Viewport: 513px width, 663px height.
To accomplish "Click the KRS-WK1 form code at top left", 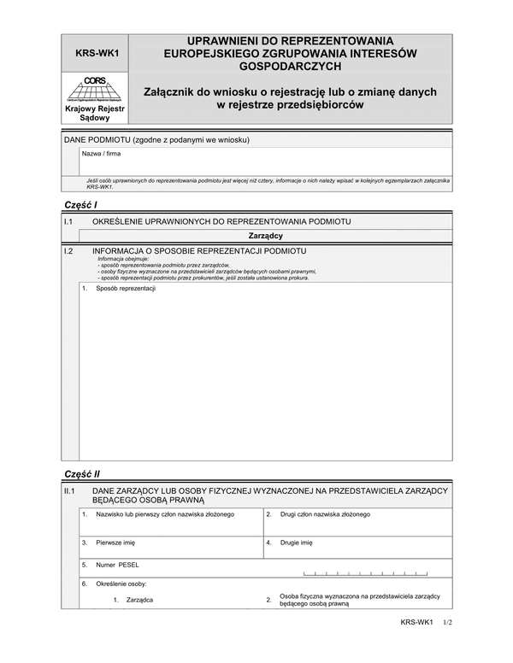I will click(96, 52).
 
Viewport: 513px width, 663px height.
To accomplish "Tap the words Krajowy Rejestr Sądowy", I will click(96, 114).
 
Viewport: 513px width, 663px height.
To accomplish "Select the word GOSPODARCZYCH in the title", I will click(290, 66).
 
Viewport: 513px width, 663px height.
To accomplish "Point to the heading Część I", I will click(81, 205).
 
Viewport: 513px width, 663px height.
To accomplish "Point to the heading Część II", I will click(83, 472).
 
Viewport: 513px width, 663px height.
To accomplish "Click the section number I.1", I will click(69, 221).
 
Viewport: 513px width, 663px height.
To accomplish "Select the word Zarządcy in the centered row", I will click(266, 235).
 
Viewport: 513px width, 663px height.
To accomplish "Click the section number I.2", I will click(69, 251).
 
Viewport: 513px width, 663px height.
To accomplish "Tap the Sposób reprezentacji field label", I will click(125, 289).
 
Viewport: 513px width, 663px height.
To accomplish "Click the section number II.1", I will click(71, 490).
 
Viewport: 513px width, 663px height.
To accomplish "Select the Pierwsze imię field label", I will click(115, 542).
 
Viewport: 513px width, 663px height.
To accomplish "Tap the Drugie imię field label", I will click(297, 542).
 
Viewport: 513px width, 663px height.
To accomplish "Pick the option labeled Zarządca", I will click(139, 600).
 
